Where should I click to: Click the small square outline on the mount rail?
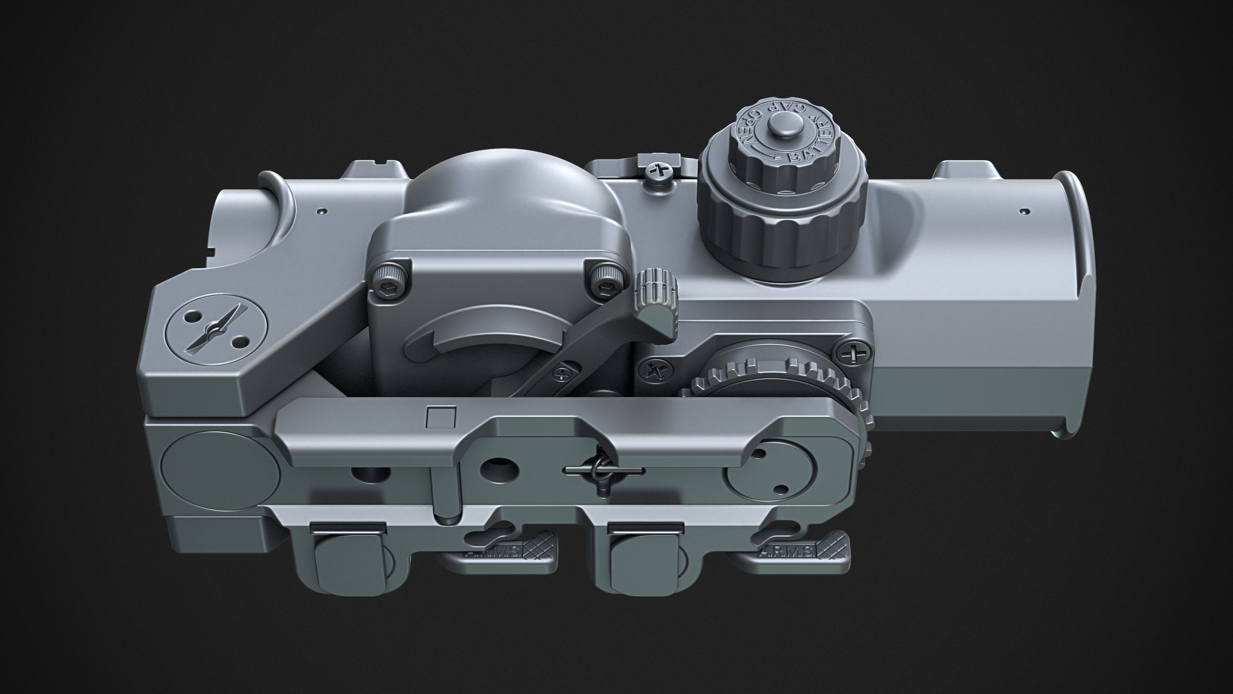click(x=440, y=417)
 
